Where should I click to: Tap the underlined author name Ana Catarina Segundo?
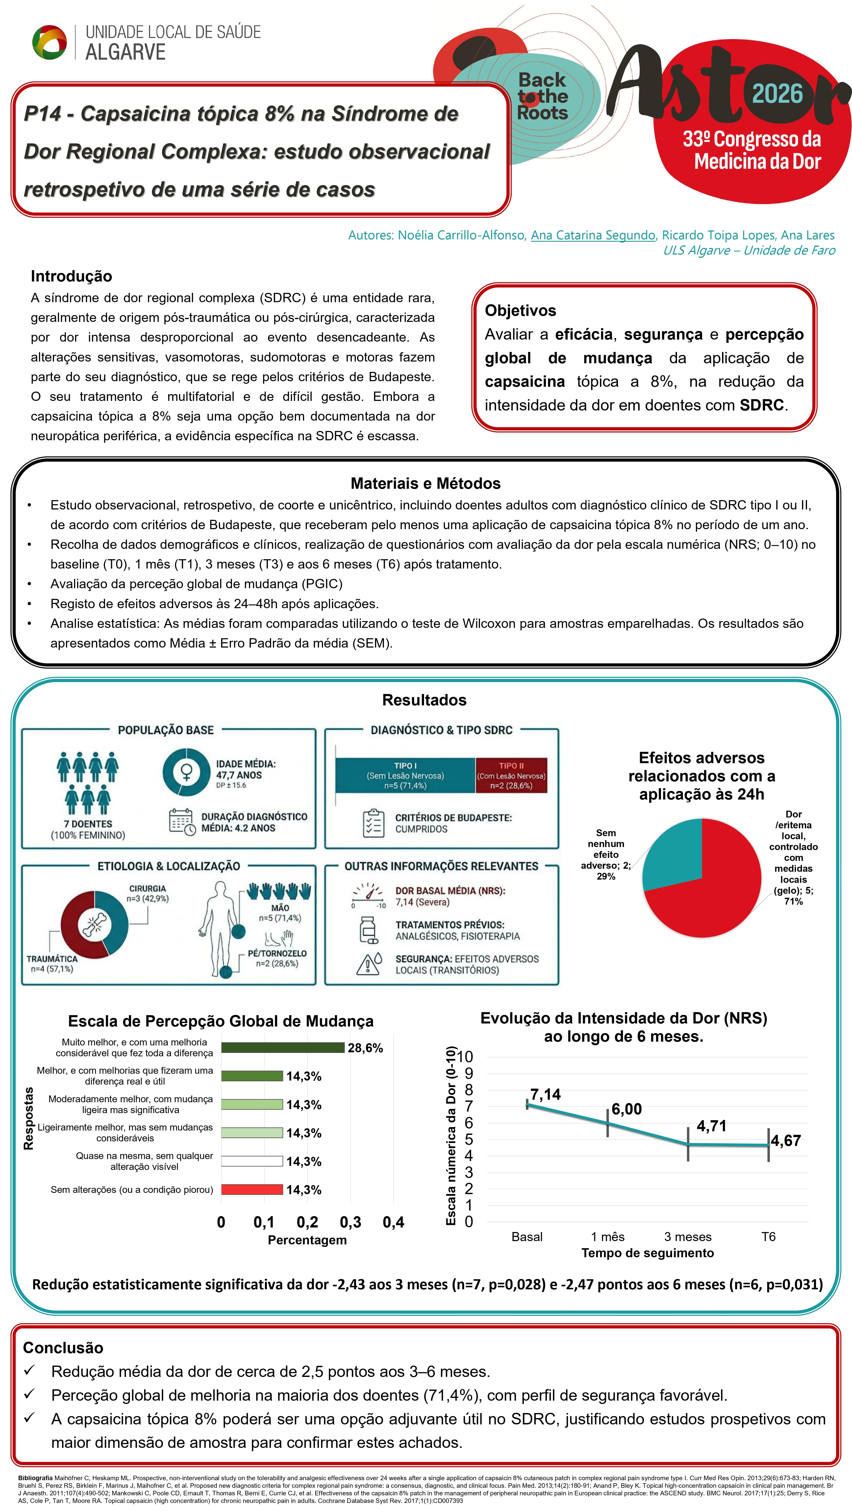[x=593, y=235]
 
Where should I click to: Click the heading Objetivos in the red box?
[x=520, y=311]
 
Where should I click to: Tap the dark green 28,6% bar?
[x=282, y=1048]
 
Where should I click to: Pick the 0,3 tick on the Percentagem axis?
[x=350, y=1223]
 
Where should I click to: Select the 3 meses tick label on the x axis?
[x=688, y=1237]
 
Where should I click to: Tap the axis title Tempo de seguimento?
[x=647, y=1253]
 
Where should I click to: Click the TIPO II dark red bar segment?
[x=511, y=775]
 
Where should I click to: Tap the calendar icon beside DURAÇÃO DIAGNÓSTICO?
[x=181, y=822]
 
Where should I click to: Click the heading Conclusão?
[x=63, y=1348]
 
